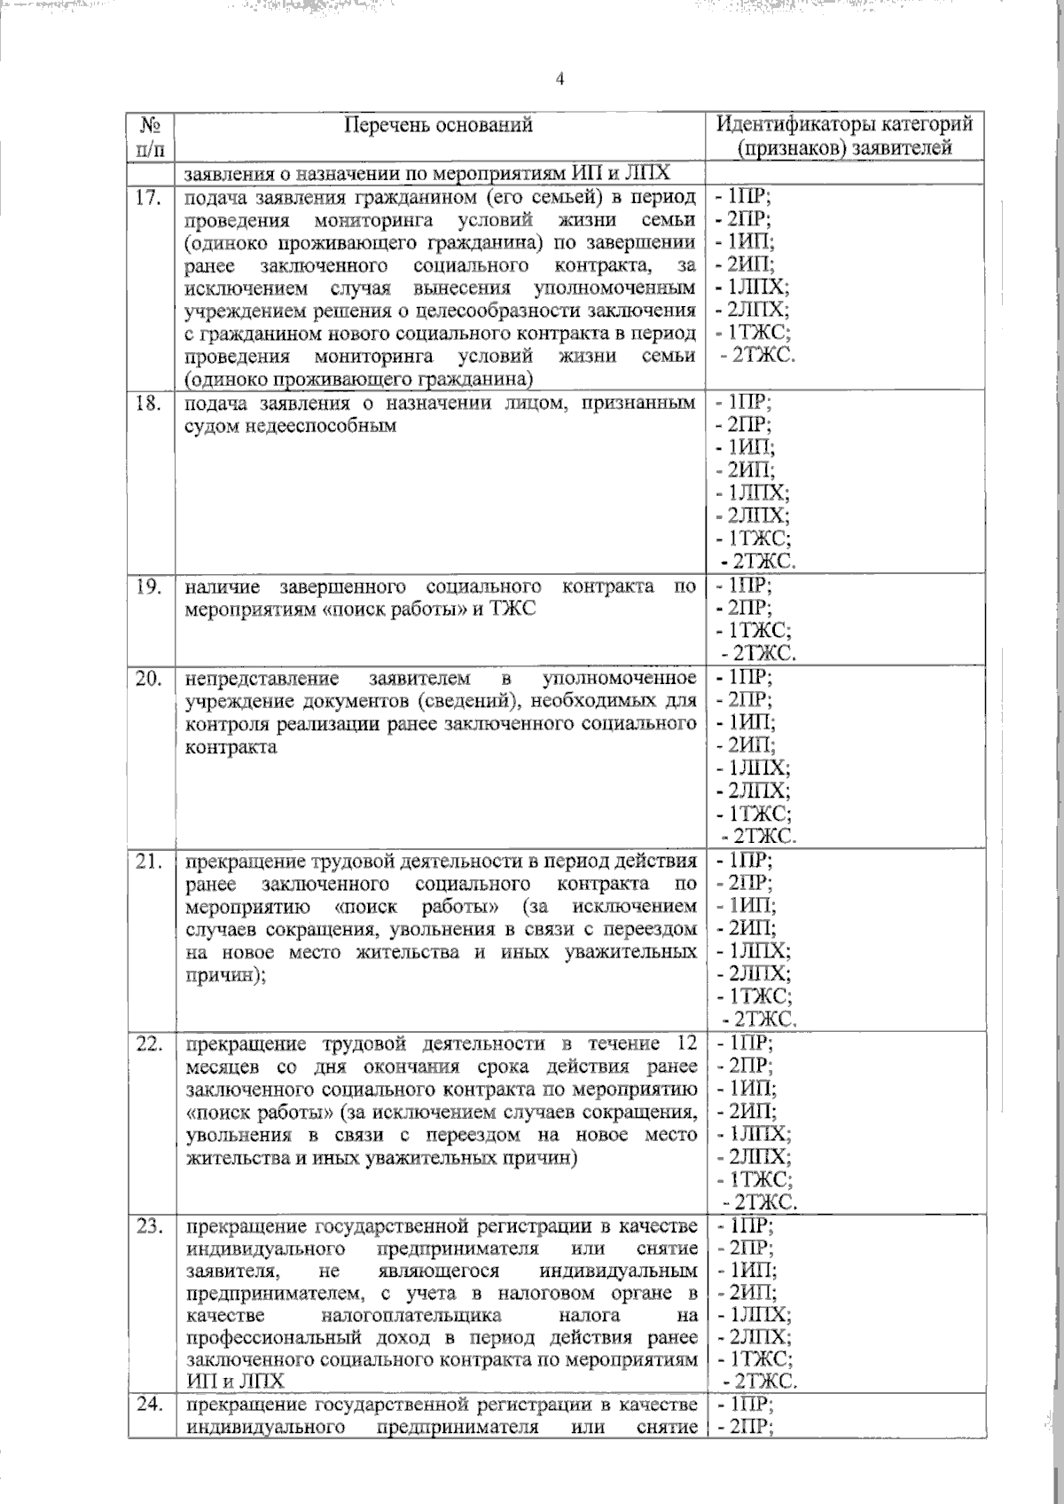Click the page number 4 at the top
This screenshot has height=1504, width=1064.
coord(559,80)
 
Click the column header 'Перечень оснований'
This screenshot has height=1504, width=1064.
coord(438,125)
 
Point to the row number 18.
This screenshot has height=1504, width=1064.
coord(149,404)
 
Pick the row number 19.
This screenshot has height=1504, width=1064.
coord(149,587)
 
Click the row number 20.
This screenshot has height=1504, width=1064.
coord(149,680)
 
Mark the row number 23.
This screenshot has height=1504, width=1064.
coord(149,1228)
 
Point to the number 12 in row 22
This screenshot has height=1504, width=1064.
coord(685,1043)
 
